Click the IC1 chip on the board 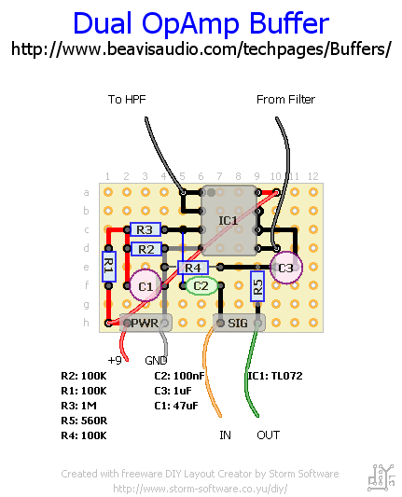(x=229, y=220)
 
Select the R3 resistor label (x=146, y=229)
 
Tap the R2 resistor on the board (x=146, y=249)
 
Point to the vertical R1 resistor (x=109, y=267)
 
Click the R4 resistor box (x=193, y=268)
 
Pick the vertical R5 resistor (x=257, y=286)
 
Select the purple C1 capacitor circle (x=146, y=285)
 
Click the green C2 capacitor (x=201, y=286)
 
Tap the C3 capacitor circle (x=286, y=268)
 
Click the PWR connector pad (x=146, y=323)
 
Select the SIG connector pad (x=239, y=323)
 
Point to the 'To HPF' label (x=127, y=100)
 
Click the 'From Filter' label (x=285, y=100)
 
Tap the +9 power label (x=115, y=360)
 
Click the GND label (x=156, y=360)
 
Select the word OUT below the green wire (x=269, y=435)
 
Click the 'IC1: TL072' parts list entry (x=275, y=376)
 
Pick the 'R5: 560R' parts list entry (x=84, y=421)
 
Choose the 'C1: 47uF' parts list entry (x=176, y=406)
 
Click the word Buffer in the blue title (x=289, y=23)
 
